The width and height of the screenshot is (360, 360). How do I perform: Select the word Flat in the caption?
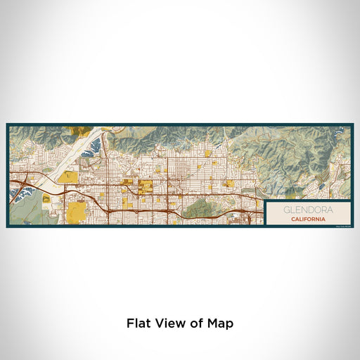(139, 323)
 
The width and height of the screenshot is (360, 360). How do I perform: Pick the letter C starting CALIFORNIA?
(290, 219)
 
